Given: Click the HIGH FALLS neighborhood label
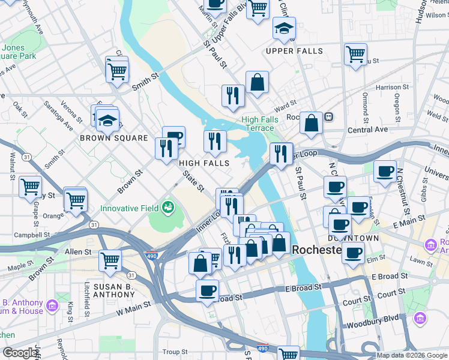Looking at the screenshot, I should pyautogui.click(x=204, y=163).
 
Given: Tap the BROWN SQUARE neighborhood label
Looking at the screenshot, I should pyautogui.click(x=114, y=138).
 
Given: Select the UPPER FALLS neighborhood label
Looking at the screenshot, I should pyautogui.click(x=294, y=51).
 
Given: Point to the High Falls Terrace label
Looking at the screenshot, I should pyautogui.click(x=260, y=124).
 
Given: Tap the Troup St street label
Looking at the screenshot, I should pyautogui.click(x=175, y=352).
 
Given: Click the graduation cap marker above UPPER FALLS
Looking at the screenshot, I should pyautogui.click(x=284, y=28).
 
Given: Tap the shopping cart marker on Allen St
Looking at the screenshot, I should pyautogui.click(x=110, y=260).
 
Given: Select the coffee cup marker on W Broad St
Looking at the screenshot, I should pyautogui.click(x=208, y=290).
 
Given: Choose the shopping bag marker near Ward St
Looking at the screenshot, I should pyautogui.click(x=257, y=83).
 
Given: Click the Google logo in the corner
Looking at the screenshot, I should pyautogui.click(x=20, y=353).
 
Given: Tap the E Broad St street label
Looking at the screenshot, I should pyautogui.click(x=390, y=277).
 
